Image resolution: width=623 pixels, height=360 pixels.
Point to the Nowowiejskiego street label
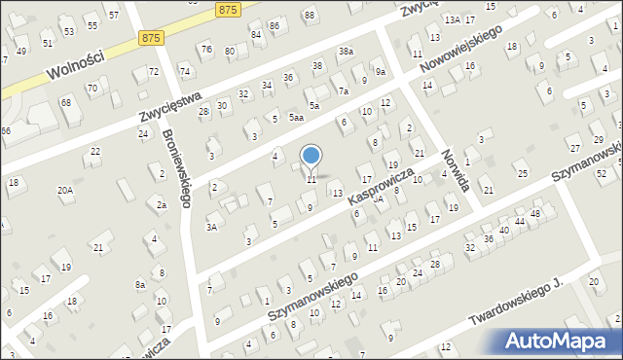tap(462, 49)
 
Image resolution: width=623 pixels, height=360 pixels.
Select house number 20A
tap(65, 191)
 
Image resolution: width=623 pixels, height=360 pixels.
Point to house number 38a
tap(347, 51)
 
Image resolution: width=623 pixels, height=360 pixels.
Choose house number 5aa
tap(296, 118)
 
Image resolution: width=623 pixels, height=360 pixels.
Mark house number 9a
tap(381, 72)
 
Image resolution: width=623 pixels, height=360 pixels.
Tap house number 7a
tap(343, 90)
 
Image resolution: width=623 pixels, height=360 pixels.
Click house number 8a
tap(140, 284)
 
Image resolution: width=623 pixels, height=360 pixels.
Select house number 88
tap(310, 16)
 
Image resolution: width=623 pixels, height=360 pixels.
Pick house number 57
tap(114, 16)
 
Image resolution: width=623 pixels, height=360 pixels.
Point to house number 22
tap(95, 151)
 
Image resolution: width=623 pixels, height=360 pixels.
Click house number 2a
tap(163, 205)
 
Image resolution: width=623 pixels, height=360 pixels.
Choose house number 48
tap(534, 213)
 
